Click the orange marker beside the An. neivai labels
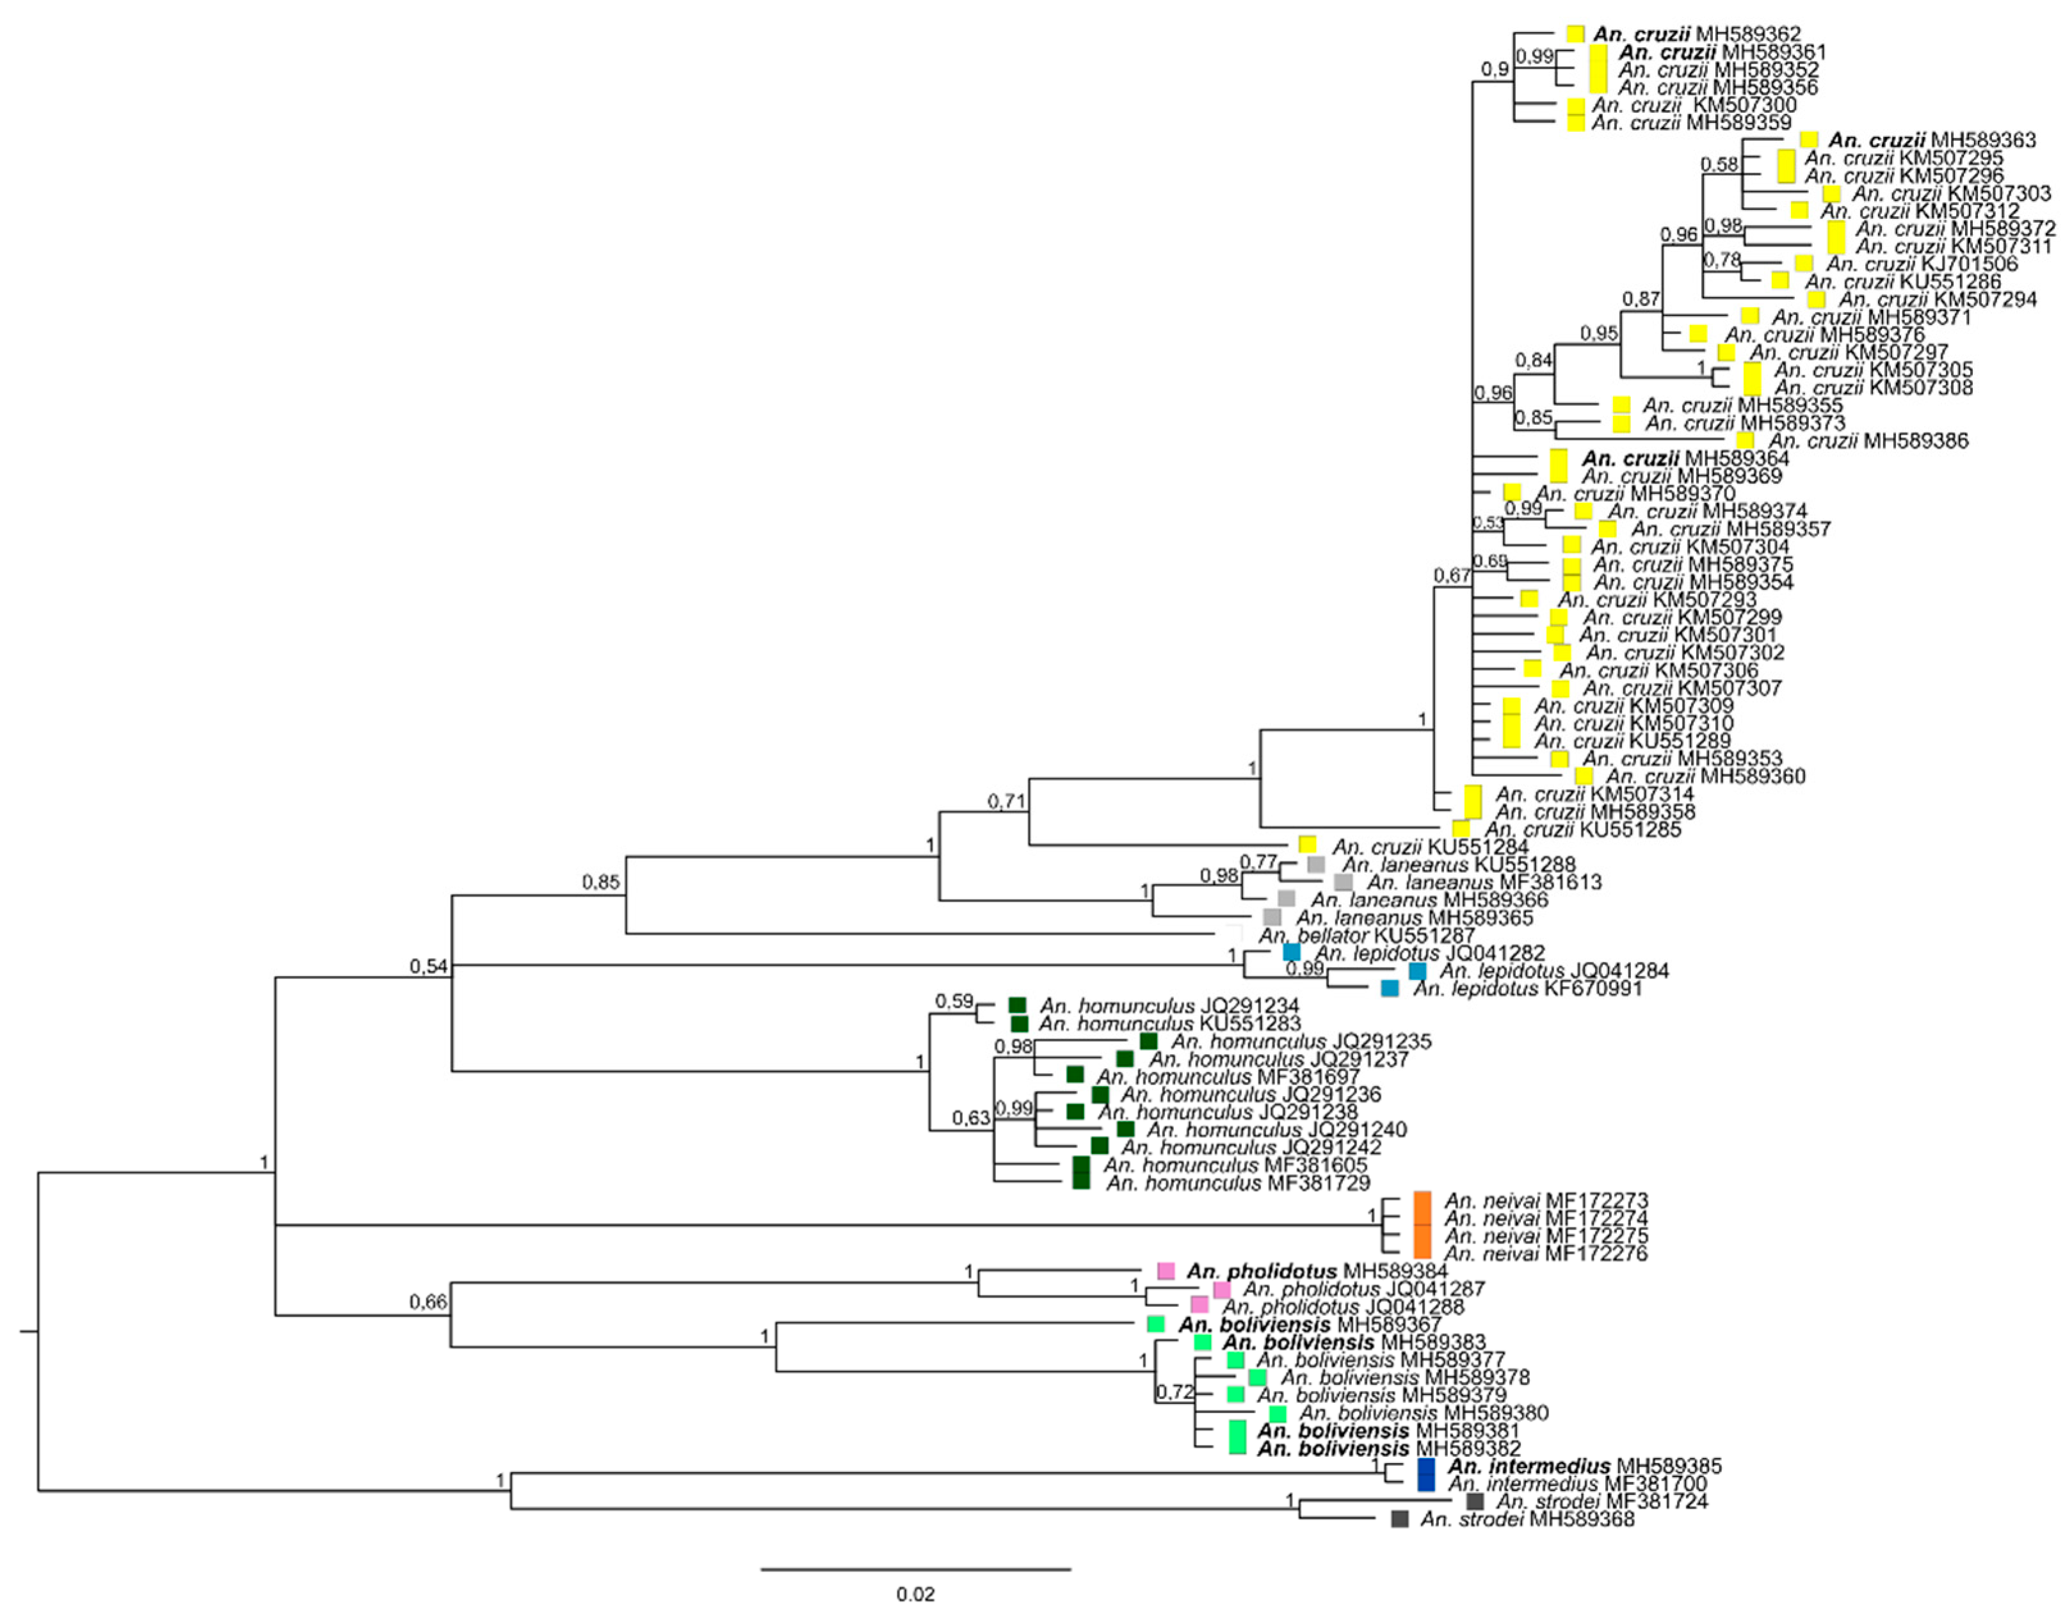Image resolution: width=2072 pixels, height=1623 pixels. tap(1422, 1227)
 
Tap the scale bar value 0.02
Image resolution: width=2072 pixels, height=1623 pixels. tap(915, 1594)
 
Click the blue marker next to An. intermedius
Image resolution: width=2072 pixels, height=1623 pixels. tap(1426, 1474)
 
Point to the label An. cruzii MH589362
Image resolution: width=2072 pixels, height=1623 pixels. tap(1696, 34)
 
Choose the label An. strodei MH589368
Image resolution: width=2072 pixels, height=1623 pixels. tap(1527, 1519)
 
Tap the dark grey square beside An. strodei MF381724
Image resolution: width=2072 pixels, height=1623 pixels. tap(1474, 1501)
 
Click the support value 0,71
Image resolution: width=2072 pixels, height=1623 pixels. tap(1006, 801)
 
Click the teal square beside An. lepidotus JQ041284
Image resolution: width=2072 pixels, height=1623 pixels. tap(1417, 971)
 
